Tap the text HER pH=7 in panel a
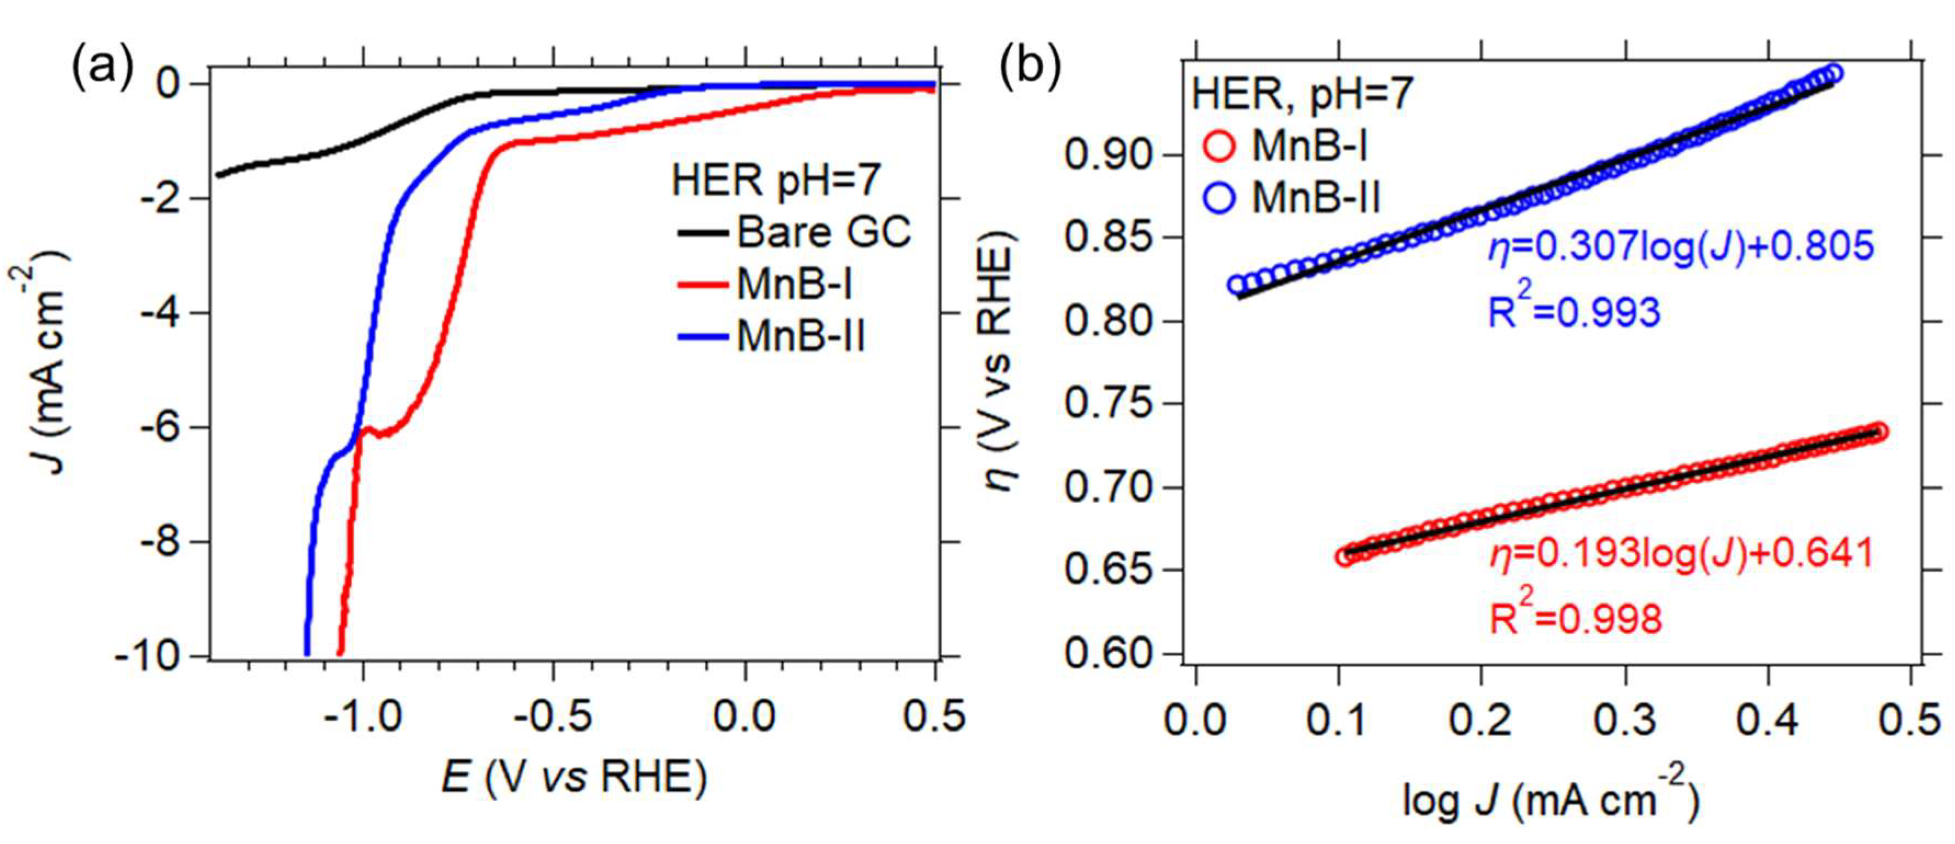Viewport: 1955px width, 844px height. [776, 181]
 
